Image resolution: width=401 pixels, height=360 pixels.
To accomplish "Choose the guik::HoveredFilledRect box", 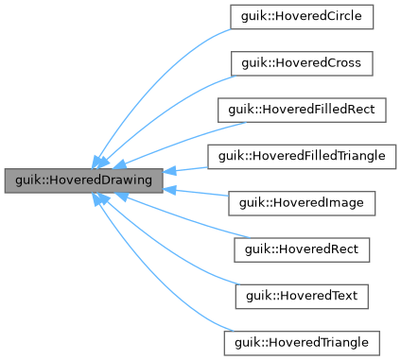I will [x=302, y=110].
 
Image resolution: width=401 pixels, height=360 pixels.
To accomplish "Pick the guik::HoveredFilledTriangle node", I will [x=302, y=156].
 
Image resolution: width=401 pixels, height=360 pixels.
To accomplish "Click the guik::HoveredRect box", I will [x=302, y=249].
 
